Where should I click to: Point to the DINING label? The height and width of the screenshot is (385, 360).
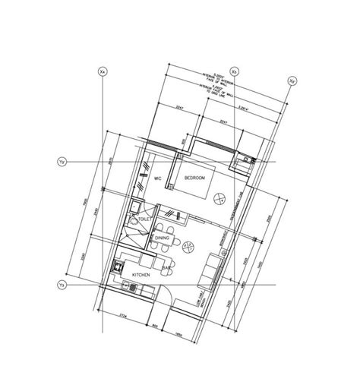coord(163,238)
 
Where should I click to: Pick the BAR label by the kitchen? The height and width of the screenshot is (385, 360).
coord(164,267)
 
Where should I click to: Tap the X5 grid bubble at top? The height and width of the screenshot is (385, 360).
coord(235,71)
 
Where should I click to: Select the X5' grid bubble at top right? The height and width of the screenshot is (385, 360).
coord(292,80)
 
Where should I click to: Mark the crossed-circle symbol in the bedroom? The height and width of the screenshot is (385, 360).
coord(219,198)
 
